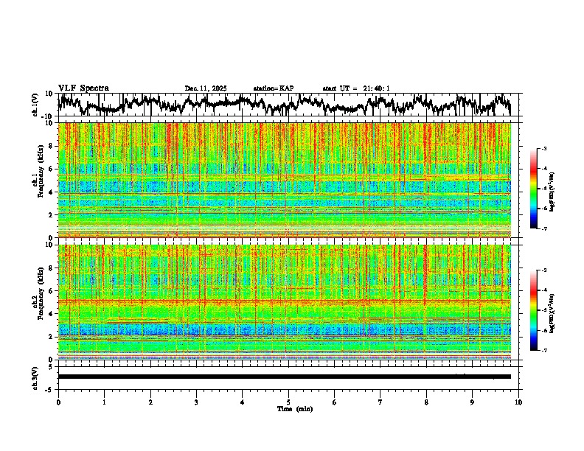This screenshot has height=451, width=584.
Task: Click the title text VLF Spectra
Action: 83,88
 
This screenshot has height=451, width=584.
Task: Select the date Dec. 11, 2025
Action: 206,88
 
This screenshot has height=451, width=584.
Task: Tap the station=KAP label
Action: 273,88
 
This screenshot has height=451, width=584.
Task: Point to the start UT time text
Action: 356,88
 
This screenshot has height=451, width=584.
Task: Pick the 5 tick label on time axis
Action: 288,402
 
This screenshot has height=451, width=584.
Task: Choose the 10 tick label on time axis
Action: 518,402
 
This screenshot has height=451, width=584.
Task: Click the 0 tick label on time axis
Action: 58,402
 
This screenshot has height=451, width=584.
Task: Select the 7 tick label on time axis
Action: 380,402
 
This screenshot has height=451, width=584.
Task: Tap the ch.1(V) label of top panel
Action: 35,105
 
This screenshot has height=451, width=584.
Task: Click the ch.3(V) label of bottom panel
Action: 35,377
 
